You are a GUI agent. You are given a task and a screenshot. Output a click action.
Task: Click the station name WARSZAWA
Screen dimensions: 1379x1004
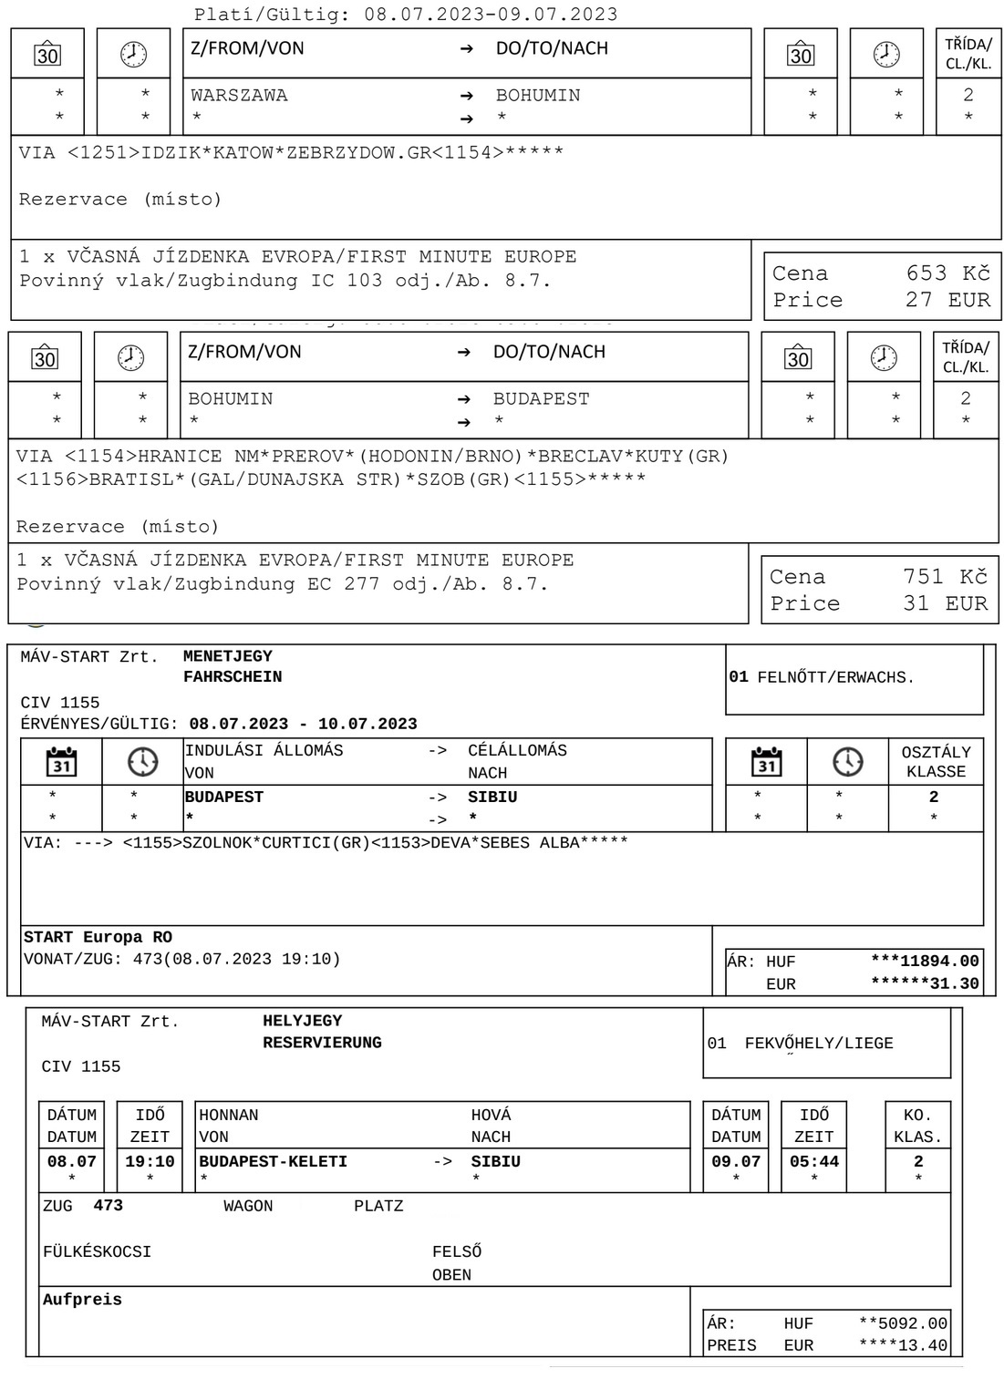coord(239,95)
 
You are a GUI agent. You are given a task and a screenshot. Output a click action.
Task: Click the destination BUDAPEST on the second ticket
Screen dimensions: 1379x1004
coord(541,398)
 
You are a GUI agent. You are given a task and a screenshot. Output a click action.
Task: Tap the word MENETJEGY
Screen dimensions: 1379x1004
coord(227,656)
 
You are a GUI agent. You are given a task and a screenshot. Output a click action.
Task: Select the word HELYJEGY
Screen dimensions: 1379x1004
coord(302,1021)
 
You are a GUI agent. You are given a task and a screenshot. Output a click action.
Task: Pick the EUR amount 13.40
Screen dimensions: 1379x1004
coord(925,1345)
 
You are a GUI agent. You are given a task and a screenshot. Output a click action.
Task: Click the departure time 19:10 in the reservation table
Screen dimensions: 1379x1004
coord(150,1161)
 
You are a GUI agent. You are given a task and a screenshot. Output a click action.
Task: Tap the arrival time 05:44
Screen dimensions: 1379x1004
coord(813,1161)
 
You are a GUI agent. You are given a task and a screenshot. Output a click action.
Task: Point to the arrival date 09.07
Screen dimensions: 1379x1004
coord(735,1161)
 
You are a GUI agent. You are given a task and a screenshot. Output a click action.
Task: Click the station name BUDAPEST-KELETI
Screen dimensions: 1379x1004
coord(273,1161)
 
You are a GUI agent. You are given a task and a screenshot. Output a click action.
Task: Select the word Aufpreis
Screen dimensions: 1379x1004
coord(82,1300)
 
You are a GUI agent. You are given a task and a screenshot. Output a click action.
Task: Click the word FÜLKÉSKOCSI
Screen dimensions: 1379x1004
coord(97,1252)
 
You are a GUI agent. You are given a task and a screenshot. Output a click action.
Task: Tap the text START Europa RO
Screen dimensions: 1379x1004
coord(98,937)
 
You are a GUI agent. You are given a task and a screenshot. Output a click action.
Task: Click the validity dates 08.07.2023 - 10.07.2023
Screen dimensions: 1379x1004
coord(303,725)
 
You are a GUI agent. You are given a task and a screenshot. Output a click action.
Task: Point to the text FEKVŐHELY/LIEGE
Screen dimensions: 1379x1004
coord(818,1044)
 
